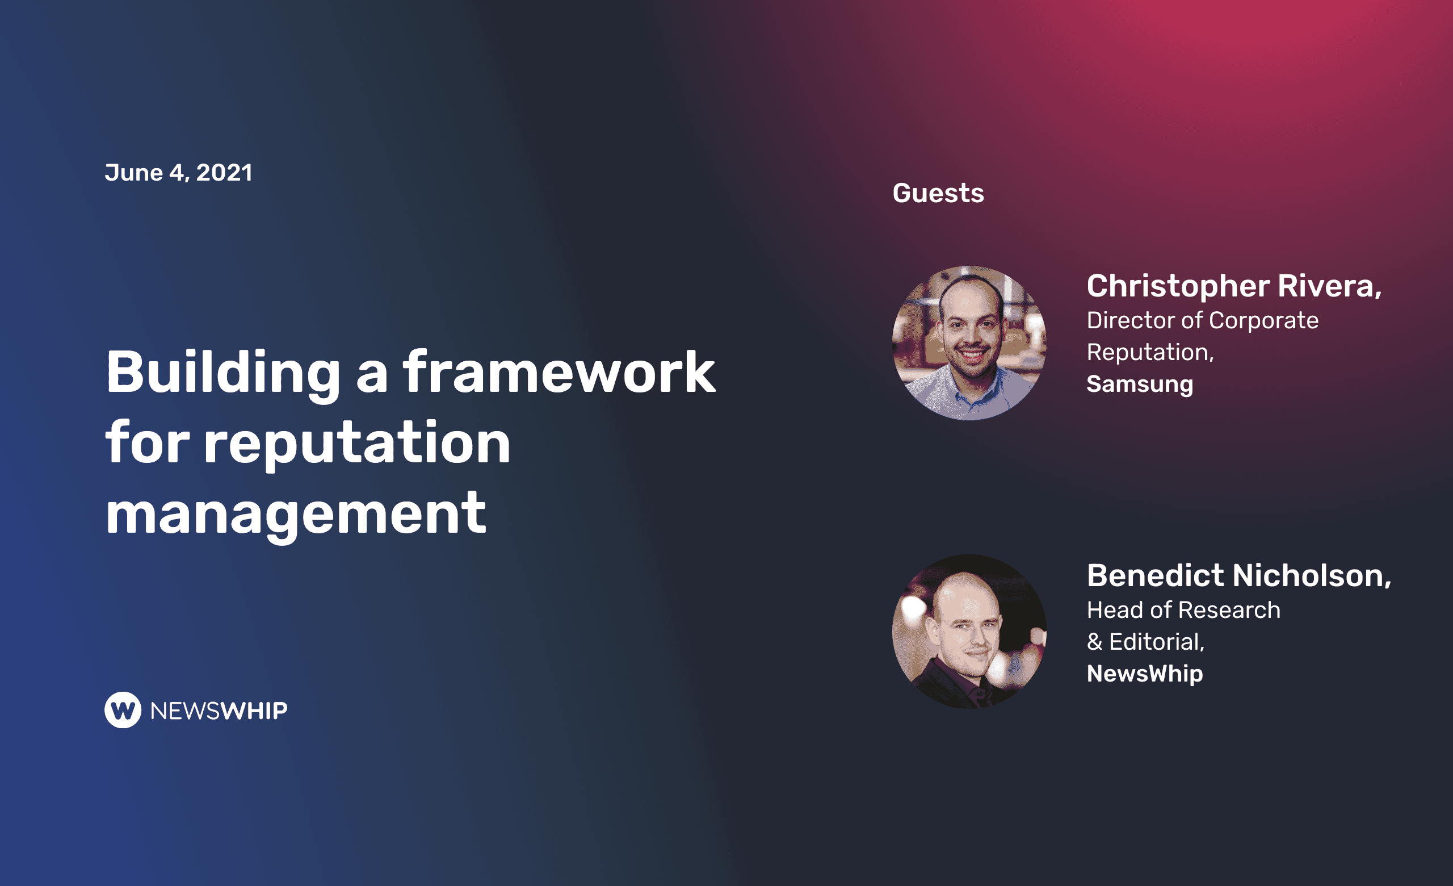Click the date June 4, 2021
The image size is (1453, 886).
[x=179, y=173]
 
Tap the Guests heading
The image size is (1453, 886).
[x=938, y=193]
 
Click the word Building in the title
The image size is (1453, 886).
[x=223, y=374]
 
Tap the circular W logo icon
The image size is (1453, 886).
[x=123, y=710]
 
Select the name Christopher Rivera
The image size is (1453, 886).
[x=1234, y=286]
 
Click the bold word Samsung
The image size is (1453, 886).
[x=1140, y=384]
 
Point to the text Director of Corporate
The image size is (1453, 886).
[x=1202, y=320]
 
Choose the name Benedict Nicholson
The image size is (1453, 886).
[x=1239, y=575]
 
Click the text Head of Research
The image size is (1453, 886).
[x=1183, y=610]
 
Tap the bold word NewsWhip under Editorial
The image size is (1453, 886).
[x=1145, y=674]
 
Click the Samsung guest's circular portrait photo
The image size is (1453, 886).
[x=969, y=342]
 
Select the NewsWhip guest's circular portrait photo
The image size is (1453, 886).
[x=969, y=632]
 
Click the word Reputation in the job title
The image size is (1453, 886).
[x=1150, y=353]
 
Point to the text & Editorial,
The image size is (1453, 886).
[x=1145, y=642]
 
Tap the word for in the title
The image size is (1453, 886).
[x=148, y=442]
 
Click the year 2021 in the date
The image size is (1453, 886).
[x=224, y=173]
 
